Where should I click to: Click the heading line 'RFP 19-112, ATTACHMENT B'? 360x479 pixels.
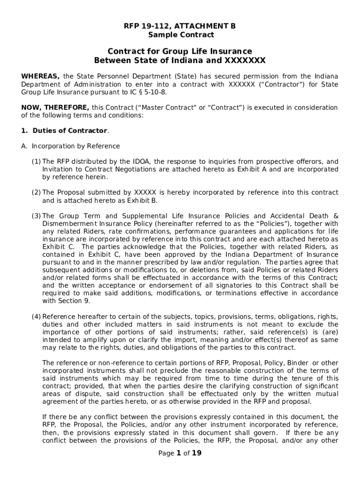(180, 26)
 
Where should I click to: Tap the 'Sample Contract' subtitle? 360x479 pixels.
(180, 35)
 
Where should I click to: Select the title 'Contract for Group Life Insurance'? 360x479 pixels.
(180, 51)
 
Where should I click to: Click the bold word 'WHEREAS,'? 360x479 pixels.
(41, 76)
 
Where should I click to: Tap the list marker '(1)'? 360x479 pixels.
(36, 161)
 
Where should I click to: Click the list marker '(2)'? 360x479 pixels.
(36, 193)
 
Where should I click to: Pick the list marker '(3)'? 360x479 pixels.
(36, 216)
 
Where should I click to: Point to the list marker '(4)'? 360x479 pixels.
(36, 317)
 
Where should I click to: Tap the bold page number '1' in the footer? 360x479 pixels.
(178, 453)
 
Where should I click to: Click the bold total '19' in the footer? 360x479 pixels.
(197, 453)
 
